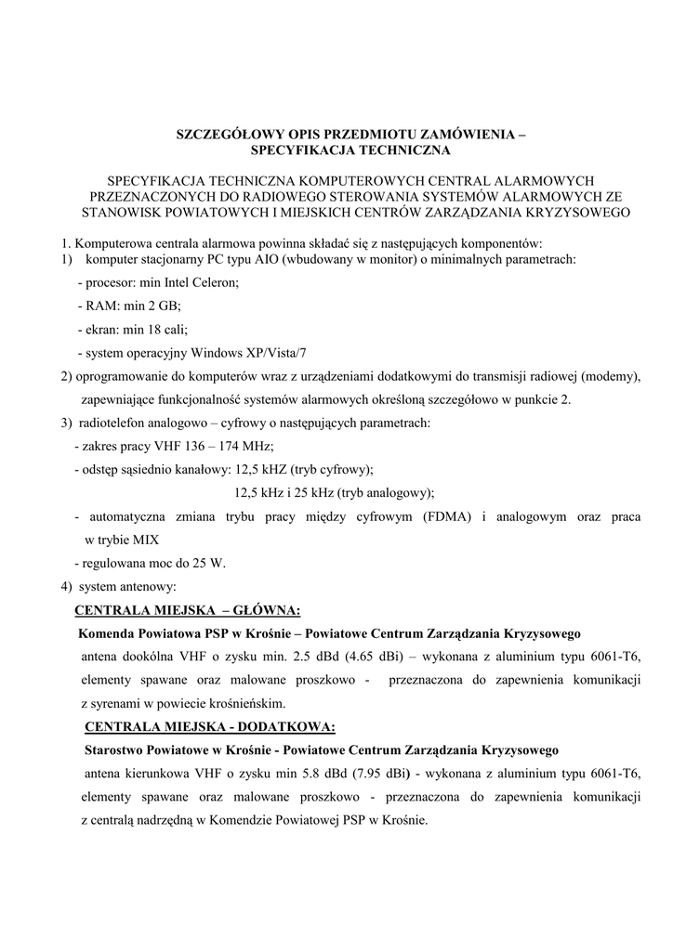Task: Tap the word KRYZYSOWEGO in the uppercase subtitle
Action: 578,213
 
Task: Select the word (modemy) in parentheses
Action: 610,376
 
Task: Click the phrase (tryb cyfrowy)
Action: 332,470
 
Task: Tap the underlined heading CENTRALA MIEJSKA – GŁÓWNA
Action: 187,610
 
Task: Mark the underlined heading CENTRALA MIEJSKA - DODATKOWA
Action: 209,725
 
